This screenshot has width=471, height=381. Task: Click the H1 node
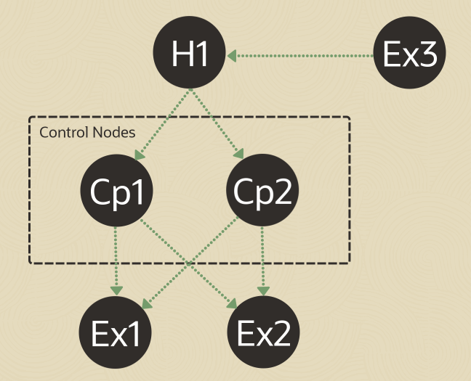(189, 52)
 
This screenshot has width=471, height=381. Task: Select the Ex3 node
(410, 52)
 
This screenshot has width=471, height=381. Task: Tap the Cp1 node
(116, 190)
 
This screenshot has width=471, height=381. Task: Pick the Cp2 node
(262, 190)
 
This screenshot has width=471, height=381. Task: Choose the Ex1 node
(115, 332)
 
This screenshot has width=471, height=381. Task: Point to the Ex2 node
(263, 332)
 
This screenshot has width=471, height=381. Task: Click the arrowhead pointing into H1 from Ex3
(232, 56)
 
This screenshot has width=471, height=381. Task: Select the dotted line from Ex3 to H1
(300, 56)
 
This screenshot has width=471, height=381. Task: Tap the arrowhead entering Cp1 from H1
(140, 155)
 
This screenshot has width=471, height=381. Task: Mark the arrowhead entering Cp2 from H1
(238, 154)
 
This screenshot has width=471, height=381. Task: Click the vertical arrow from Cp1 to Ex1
(116, 261)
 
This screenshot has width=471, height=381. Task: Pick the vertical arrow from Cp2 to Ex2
(263, 261)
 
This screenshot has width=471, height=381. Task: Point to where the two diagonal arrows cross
(189, 263)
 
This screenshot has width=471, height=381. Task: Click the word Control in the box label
(64, 132)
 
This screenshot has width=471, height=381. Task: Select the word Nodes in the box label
(114, 132)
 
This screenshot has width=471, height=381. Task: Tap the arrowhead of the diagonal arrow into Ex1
(147, 303)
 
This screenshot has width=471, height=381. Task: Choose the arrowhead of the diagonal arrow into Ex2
(232, 303)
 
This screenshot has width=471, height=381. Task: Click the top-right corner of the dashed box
(350, 117)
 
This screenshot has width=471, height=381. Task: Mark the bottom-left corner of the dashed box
(30, 263)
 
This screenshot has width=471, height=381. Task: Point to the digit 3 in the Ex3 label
(428, 54)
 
